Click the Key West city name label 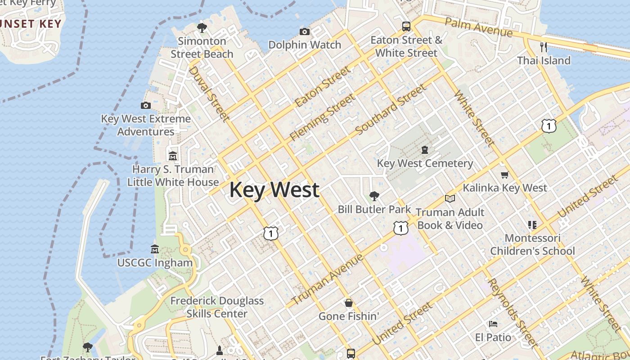point(274,189)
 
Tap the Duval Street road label point(209,94)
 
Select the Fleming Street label point(322,117)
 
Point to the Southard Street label point(390,110)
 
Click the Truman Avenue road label point(327,279)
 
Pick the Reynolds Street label point(513,313)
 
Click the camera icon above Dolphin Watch point(305,31)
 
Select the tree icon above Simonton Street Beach point(202,28)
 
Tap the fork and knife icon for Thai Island point(544,47)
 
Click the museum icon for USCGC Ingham point(155,249)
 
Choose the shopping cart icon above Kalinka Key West point(504,175)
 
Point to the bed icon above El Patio point(493,324)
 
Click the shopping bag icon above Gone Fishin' point(348,303)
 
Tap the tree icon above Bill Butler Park point(374,196)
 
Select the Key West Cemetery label point(425,163)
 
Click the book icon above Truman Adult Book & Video point(450,198)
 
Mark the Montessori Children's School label point(532,244)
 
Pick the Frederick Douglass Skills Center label point(217,307)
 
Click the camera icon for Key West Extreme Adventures point(146,105)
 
